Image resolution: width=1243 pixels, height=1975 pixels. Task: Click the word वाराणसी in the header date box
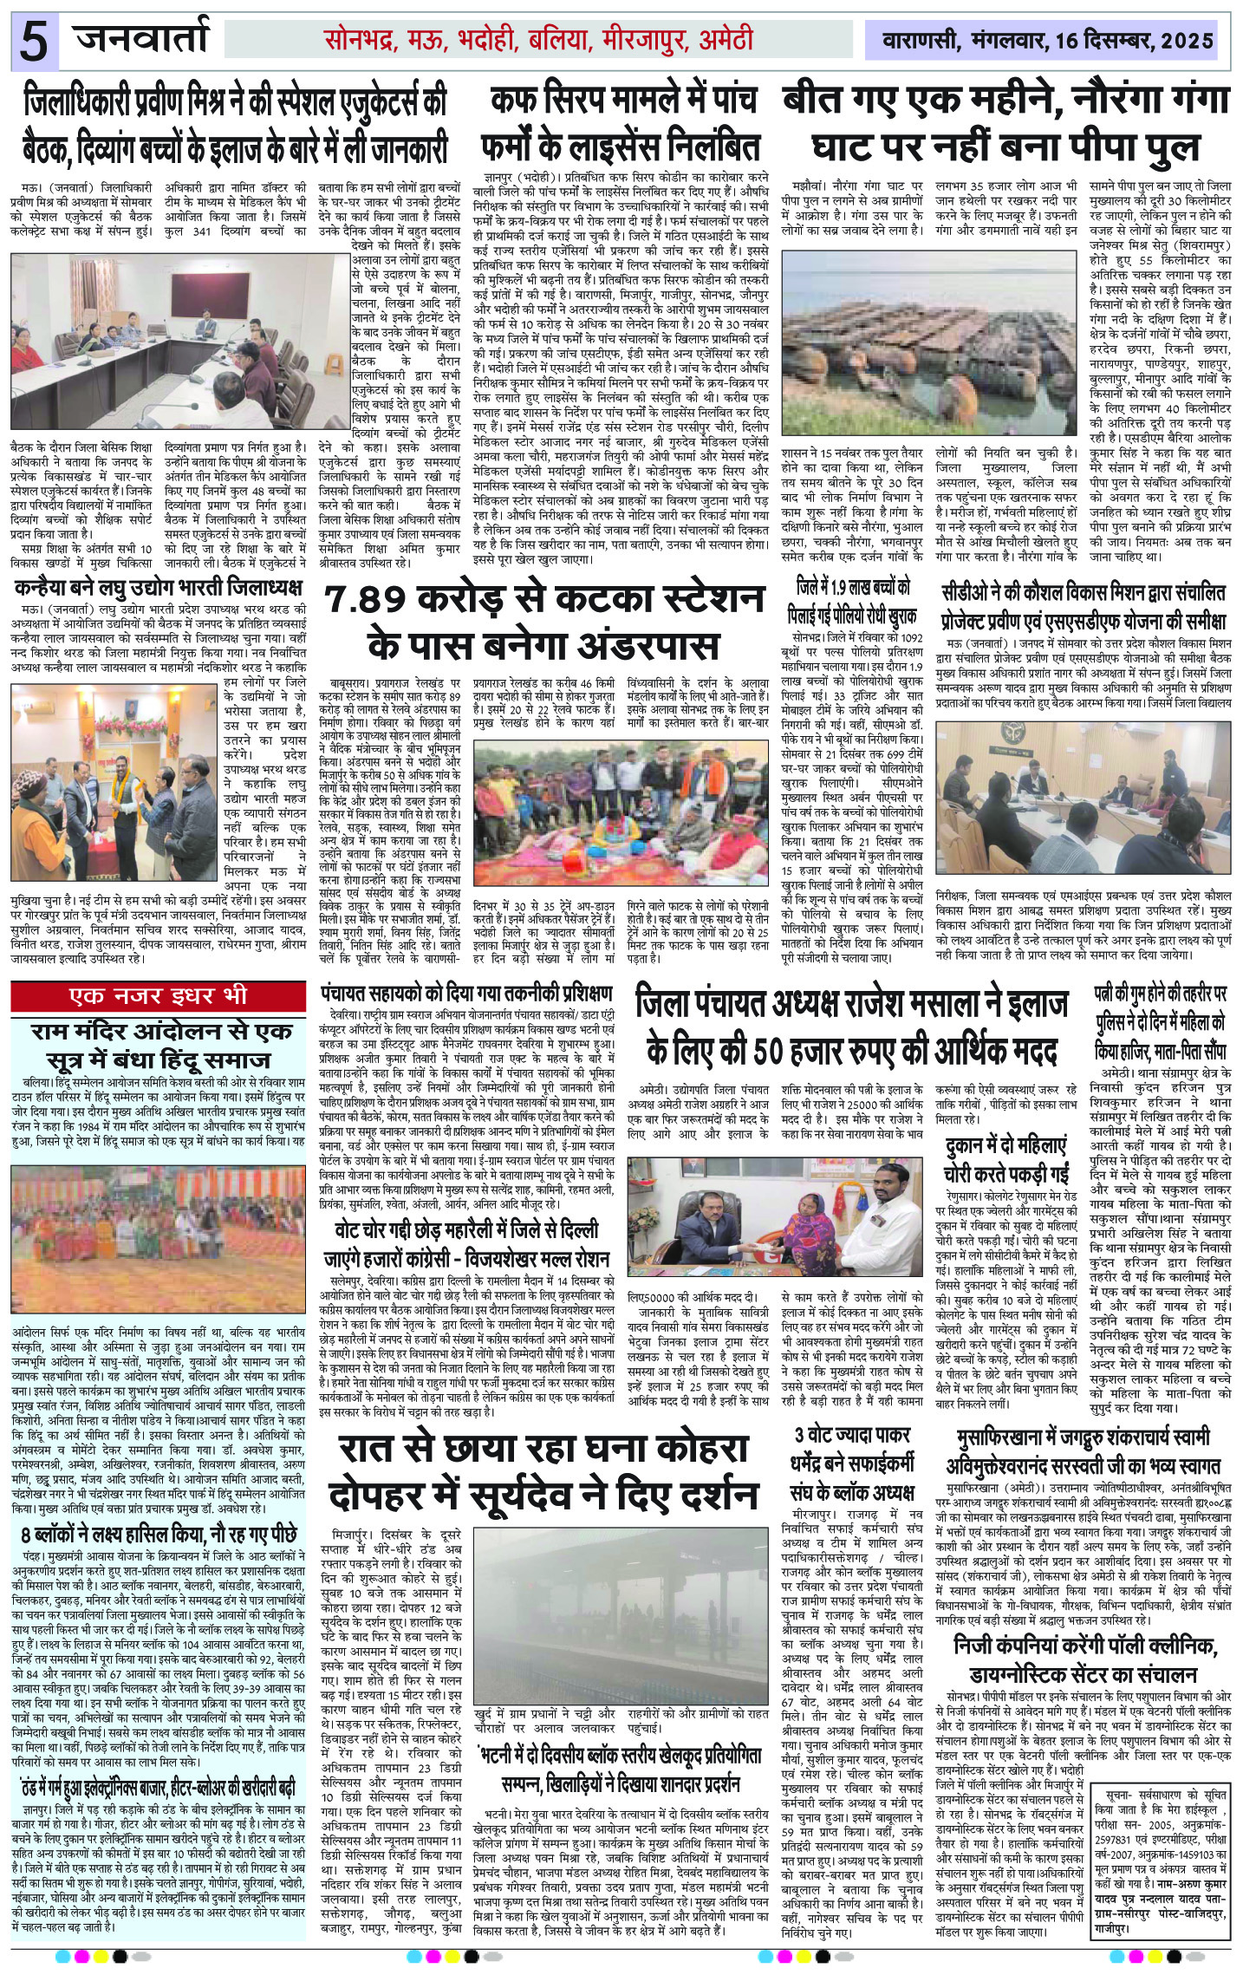pos(916,40)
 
